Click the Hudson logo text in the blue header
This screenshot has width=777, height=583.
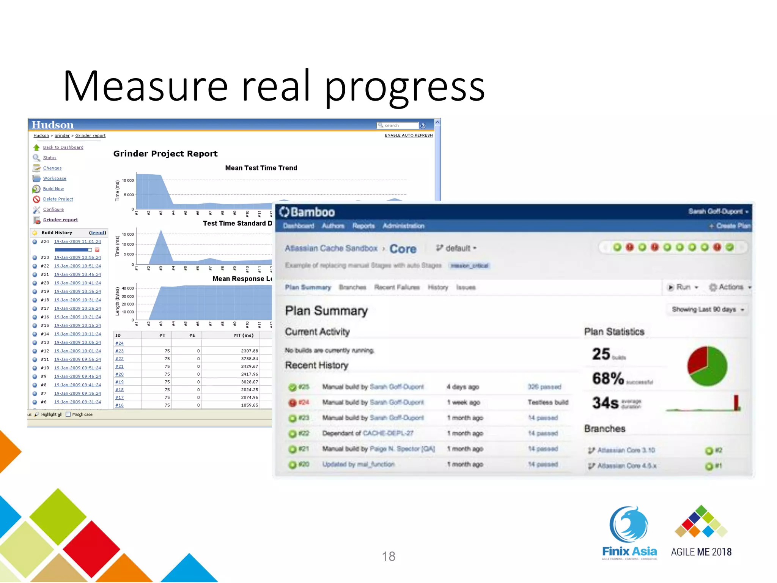click(52, 125)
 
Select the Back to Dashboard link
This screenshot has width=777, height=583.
click(63, 147)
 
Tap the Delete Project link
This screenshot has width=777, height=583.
click(58, 199)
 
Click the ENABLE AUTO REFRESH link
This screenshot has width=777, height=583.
click(408, 136)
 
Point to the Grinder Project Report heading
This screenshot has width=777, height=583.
click(165, 154)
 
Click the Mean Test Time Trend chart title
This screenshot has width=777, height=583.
click(261, 168)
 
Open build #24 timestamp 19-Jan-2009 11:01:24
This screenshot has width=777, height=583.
click(77, 241)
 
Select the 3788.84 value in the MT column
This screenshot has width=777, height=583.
click(249, 359)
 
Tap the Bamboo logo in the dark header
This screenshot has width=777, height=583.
click(307, 212)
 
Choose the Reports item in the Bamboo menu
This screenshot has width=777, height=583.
click(363, 226)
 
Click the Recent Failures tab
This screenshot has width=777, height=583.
click(396, 287)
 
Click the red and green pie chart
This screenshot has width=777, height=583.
click(707, 366)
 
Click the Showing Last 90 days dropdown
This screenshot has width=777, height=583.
click(708, 310)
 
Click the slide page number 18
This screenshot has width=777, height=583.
click(388, 556)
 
